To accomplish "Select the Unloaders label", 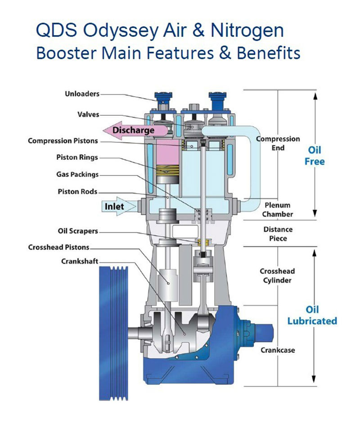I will pos(81,94).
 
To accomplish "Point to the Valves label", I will pos(88,115).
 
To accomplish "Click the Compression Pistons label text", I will pos(63,140).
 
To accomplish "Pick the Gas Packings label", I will pos(77,174).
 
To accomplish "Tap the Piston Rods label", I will pos(77,191).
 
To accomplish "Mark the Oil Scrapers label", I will pos(77,231).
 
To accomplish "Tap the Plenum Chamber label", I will pos(278,209).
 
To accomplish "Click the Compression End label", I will pos(278,143).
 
